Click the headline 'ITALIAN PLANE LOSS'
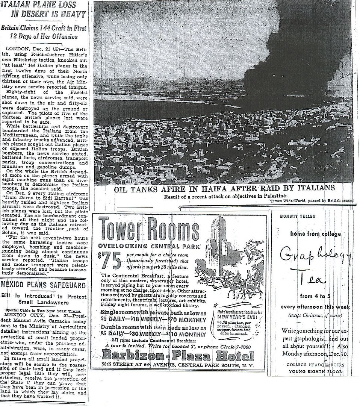(44, 5)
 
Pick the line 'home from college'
(315, 234)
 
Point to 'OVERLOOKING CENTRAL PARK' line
(149, 246)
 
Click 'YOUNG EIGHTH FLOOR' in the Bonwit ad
(315, 371)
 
